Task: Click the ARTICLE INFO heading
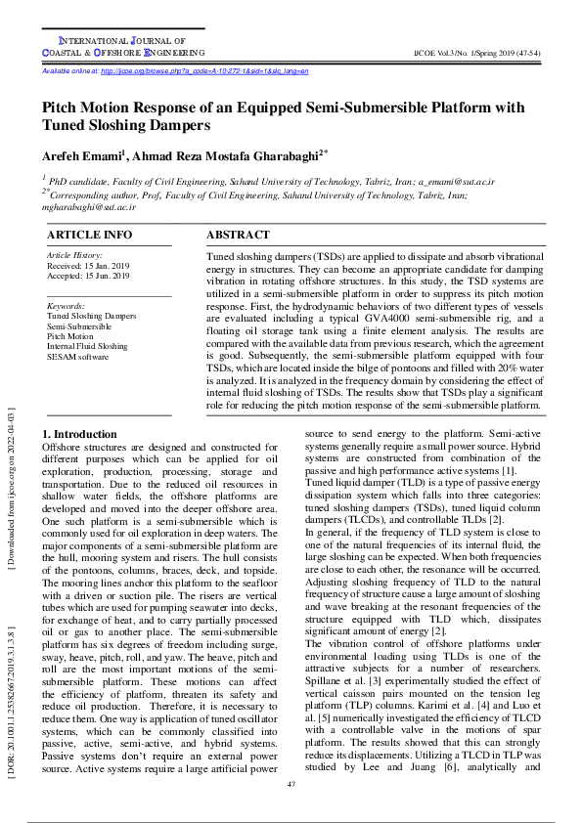[90, 236]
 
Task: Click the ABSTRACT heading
[238, 236]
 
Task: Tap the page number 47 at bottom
[291, 785]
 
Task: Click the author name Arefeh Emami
[82, 156]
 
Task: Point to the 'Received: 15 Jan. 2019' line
[88, 266]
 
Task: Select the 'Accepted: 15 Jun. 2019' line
[88, 277]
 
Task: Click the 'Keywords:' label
[67, 306]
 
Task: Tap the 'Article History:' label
[74, 255]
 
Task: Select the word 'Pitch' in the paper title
[65, 108]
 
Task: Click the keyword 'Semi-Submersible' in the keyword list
[80, 325]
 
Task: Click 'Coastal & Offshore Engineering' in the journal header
[123, 52]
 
